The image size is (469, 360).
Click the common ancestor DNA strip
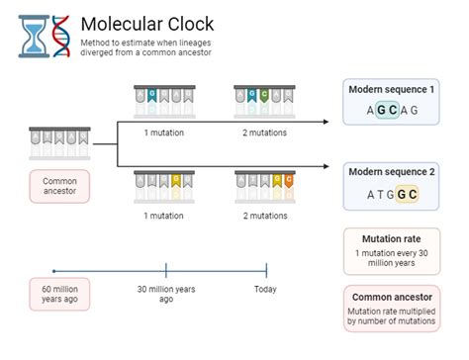pos(59,141)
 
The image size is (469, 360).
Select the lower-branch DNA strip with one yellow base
pos(163,184)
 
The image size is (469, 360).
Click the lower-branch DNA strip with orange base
pos(263,184)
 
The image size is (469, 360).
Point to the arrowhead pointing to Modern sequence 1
pos(326,124)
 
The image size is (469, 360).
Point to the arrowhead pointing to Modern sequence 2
pos(326,166)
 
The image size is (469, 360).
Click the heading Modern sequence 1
pos(392,90)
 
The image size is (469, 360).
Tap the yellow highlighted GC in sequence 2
pos(407,194)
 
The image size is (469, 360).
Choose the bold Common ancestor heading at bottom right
pos(392,297)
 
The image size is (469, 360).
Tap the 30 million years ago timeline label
pos(166,294)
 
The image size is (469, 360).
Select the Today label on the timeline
pos(265,289)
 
